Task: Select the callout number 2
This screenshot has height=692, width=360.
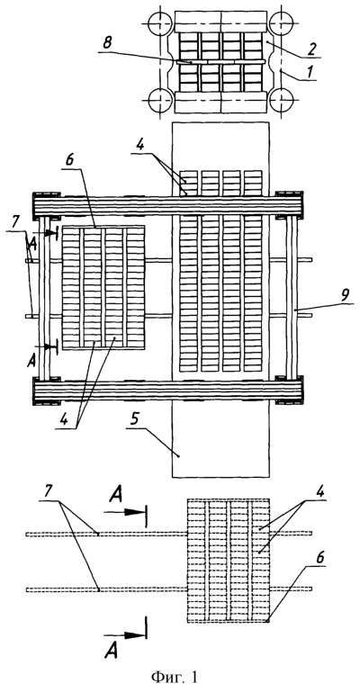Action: point(310,49)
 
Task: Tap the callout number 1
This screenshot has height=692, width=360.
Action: point(311,71)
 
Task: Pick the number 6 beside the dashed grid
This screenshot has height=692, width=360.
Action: point(320,558)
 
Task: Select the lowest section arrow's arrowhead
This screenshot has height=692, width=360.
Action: point(135,635)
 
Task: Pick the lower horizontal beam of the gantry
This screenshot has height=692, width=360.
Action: point(167,391)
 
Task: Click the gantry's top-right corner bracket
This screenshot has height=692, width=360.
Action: point(290,205)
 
